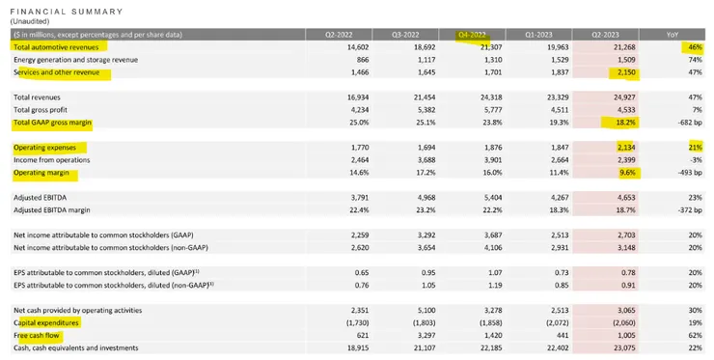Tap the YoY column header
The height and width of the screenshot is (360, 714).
click(x=673, y=34)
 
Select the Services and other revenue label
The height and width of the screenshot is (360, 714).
click(x=62, y=72)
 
